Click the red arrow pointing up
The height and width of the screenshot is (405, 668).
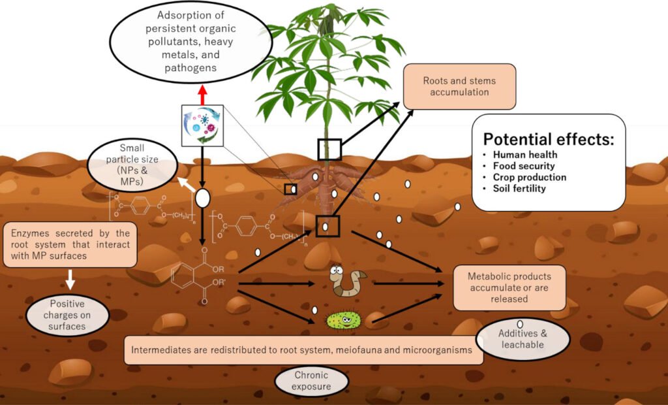click(x=202, y=95)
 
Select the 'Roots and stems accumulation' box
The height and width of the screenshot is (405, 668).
click(x=459, y=86)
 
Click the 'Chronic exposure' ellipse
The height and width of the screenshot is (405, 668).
click(x=311, y=381)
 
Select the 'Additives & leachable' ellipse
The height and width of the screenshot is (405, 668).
click(x=523, y=339)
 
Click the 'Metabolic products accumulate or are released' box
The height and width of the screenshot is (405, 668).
click(x=509, y=287)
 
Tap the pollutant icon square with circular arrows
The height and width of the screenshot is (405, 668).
click(x=202, y=124)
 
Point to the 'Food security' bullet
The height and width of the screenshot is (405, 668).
click(x=524, y=166)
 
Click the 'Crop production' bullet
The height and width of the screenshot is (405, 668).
click(x=529, y=177)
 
